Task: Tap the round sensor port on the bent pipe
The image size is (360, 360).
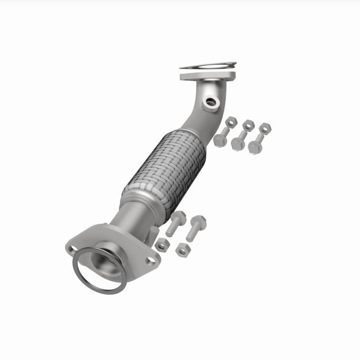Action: pyautogui.click(x=211, y=103)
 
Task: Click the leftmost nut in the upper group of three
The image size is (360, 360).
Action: pyautogui.click(x=231, y=122)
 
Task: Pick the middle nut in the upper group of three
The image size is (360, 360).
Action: pyautogui.click(x=248, y=125)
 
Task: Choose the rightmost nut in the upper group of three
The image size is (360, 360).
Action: pyautogui.click(x=265, y=128)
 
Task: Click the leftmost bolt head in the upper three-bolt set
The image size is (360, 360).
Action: pyautogui.click(x=220, y=140)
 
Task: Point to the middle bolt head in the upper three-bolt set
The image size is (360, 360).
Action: pyautogui.click(x=237, y=144)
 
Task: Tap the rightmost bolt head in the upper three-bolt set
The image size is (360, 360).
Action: pyautogui.click(x=255, y=147)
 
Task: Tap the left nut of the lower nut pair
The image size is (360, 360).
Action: pyautogui.click(x=162, y=245)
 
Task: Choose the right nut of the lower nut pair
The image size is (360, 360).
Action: pyautogui.click(x=182, y=249)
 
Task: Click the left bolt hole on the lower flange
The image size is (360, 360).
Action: pyautogui.click(x=72, y=247)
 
